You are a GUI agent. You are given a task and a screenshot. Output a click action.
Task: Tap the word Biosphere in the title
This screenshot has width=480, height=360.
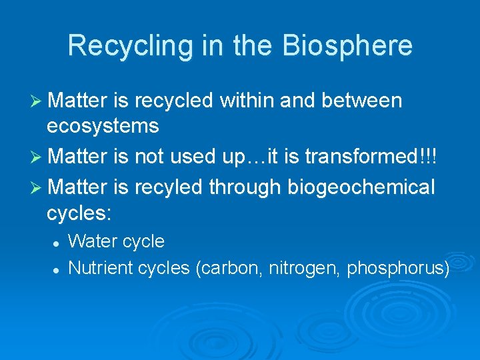347,46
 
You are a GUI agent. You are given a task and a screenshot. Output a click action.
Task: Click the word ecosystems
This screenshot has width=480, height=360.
103,125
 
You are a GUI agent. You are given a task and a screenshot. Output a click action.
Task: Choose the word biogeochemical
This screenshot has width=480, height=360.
361,188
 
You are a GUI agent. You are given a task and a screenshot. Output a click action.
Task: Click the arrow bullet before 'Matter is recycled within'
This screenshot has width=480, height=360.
37,101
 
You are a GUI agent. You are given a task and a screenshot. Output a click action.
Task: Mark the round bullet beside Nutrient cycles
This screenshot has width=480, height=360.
58,269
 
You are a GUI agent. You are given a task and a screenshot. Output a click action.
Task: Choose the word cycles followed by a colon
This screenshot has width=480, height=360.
79,213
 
